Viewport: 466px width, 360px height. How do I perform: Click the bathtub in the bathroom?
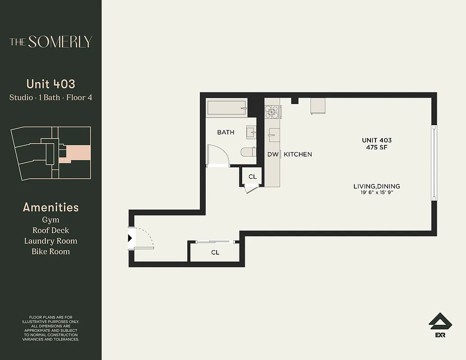226,108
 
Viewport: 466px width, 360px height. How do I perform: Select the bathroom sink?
251,132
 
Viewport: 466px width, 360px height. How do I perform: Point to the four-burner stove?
273,111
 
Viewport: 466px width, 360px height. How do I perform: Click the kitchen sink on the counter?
274,135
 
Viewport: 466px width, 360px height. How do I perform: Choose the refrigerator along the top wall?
318,106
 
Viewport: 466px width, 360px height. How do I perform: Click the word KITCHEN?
298,154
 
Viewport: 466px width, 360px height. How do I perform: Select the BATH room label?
226,132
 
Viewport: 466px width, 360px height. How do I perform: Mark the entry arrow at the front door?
130,238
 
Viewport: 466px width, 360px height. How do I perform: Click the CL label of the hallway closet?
215,252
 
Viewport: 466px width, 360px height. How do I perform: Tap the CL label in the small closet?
253,177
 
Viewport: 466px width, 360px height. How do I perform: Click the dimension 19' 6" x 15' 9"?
377,193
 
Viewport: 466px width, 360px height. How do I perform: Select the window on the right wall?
434,162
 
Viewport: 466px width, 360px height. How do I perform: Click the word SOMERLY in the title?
60,42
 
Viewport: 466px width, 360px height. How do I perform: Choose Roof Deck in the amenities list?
50,230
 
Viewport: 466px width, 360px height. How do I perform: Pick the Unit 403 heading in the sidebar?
50,84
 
